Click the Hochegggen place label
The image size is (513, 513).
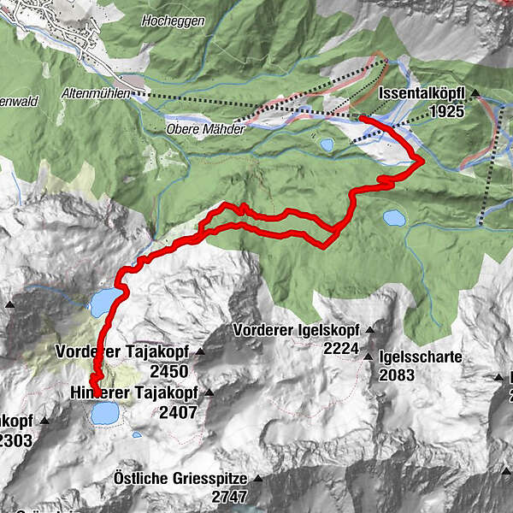pyautogui.click(x=171, y=20)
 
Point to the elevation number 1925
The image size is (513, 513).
pyautogui.click(x=447, y=111)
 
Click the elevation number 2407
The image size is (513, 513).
pyautogui.click(x=178, y=412)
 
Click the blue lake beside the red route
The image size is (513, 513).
pyautogui.click(x=105, y=300)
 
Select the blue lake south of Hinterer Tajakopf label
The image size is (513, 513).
pyautogui.click(x=105, y=414)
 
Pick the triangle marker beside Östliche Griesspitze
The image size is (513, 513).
pyautogui.click(x=256, y=479)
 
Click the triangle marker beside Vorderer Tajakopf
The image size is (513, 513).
pyautogui.click(x=201, y=351)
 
